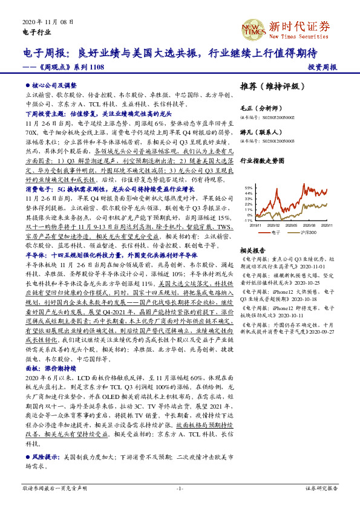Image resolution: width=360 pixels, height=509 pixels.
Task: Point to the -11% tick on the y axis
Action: point(248,221)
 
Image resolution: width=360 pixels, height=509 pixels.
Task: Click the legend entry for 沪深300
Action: point(308,232)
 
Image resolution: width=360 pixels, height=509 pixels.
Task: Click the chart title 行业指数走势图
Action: point(261,161)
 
